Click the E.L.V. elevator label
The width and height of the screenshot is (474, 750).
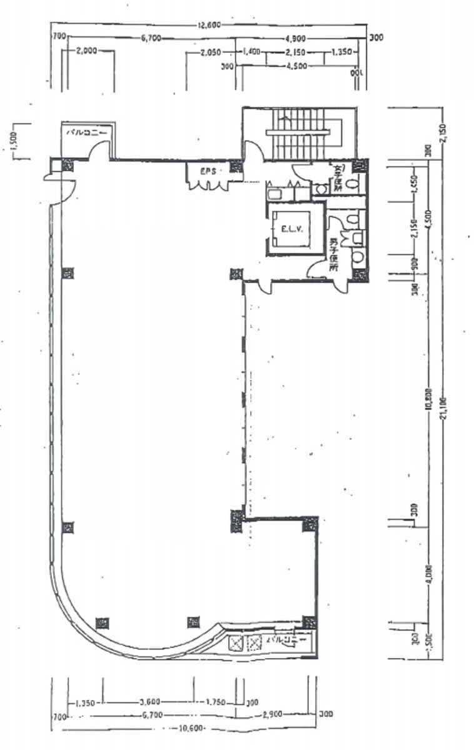pyautogui.click(x=291, y=229)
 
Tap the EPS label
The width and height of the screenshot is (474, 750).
pyautogui.click(x=208, y=170)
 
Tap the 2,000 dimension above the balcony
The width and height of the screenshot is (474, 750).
pyautogui.click(x=86, y=51)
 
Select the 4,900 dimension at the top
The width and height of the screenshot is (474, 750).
pyautogui.click(x=297, y=37)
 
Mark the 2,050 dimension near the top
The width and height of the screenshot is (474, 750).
pyautogui.click(x=211, y=53)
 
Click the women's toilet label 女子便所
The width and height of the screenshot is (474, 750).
pyautogui.click(x=338, y=177)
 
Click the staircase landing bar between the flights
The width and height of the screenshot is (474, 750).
pyautogui.click(x=298, y=132)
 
